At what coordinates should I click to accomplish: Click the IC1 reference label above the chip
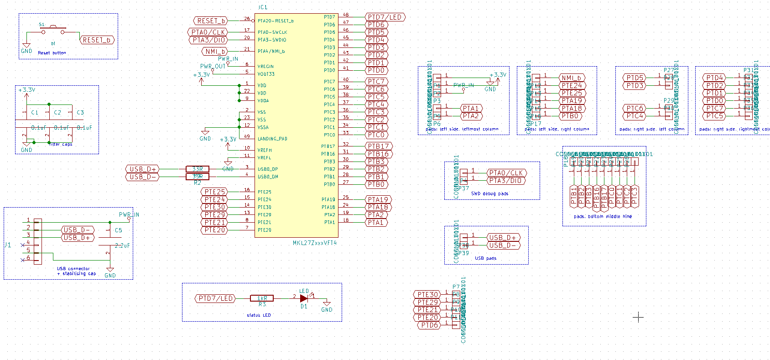(263, 7)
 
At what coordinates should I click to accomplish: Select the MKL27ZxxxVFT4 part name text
(315, 243)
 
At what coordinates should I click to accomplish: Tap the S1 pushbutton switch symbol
(53, 30)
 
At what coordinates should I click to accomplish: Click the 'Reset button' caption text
(52, 53)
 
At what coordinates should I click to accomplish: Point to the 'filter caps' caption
(60, 144)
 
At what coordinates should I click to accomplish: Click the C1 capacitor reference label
(35, 112)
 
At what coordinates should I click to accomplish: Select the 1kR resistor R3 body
(262, 298)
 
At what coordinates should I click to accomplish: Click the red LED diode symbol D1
(304, 298)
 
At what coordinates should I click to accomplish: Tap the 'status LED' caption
(259, 315)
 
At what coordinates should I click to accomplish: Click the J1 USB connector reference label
(7, 245)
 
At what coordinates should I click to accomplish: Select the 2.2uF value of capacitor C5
(122, 245)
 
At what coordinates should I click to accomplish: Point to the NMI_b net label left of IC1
(215, 52)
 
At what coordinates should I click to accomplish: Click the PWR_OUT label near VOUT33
(213, 67)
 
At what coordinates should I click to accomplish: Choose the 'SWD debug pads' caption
(489, 193)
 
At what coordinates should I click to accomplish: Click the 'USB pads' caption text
(485, 258)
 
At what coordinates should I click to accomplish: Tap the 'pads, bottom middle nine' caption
(603, 216)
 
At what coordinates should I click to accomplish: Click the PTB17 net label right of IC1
(379, 146)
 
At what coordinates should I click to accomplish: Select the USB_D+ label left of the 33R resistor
(143, 169)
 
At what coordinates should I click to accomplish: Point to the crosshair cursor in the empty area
(638, 317)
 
